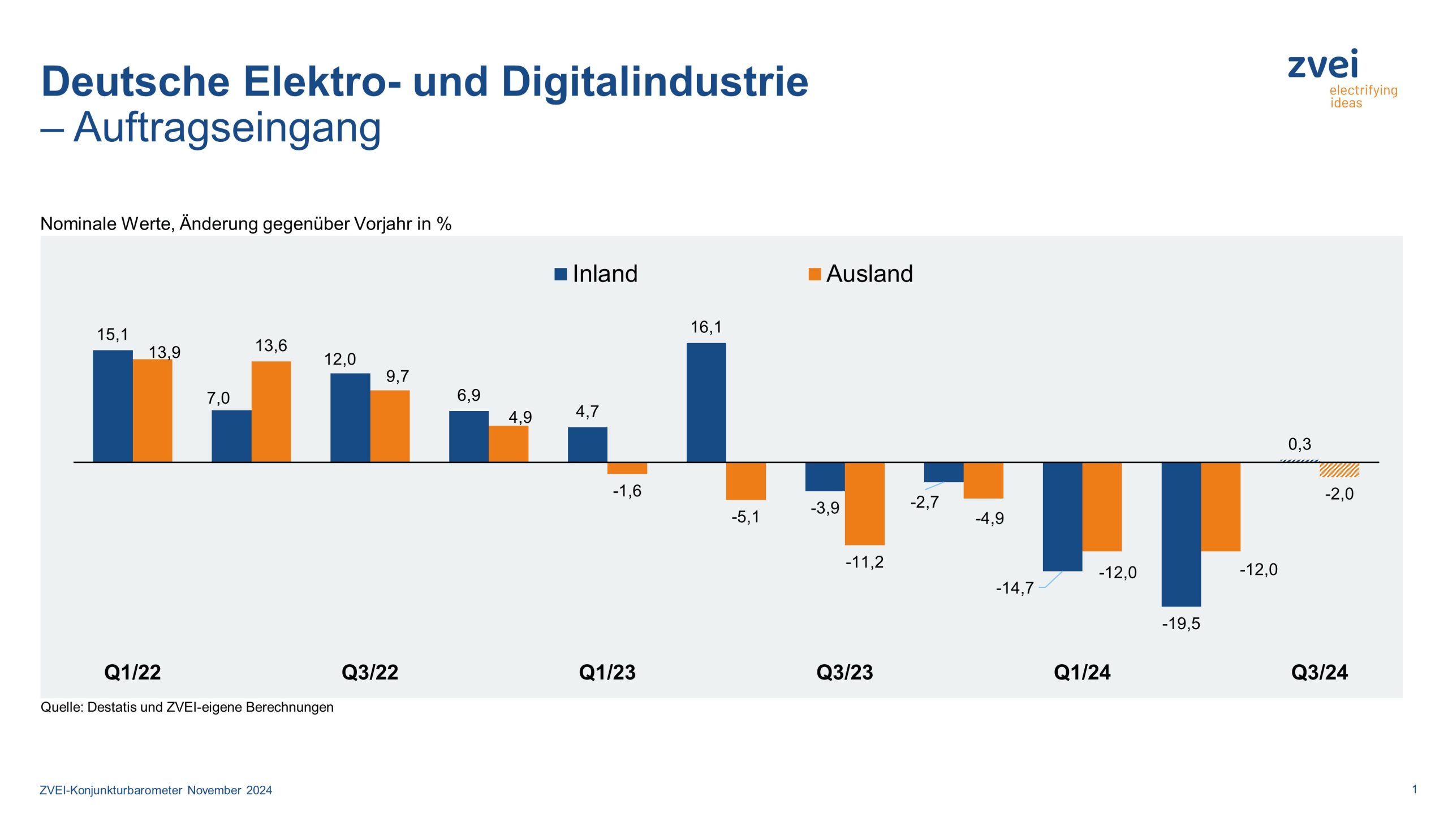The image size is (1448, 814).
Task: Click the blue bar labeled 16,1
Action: coord(706,402)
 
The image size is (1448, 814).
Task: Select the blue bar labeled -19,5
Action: coord(1181,534)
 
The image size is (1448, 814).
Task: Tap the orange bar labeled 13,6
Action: coord(271,412)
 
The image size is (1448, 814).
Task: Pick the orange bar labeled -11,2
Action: coord(864,503)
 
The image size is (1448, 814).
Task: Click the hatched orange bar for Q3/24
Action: coord(1339,470)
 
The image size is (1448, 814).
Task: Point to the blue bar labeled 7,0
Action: coord(231,436)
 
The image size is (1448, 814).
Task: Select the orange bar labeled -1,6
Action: coord(627,468)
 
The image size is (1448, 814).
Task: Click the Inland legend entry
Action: coord(596,274)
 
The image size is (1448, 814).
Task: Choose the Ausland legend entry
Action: coord(861,274)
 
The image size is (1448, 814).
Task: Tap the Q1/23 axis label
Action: coord(607,672)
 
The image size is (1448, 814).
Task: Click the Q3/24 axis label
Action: coord(1319,672)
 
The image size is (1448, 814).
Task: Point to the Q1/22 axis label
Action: coord(132,672)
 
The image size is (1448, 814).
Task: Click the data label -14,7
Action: coord(1014,588)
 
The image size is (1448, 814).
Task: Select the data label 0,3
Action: coord(1299,444)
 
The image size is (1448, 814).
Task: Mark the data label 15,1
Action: coord(113,334)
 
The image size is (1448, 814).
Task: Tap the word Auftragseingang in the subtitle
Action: coord(227,128)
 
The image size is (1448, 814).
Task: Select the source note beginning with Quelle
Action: coord(187,707)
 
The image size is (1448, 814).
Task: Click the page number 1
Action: coord(1414,789)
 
